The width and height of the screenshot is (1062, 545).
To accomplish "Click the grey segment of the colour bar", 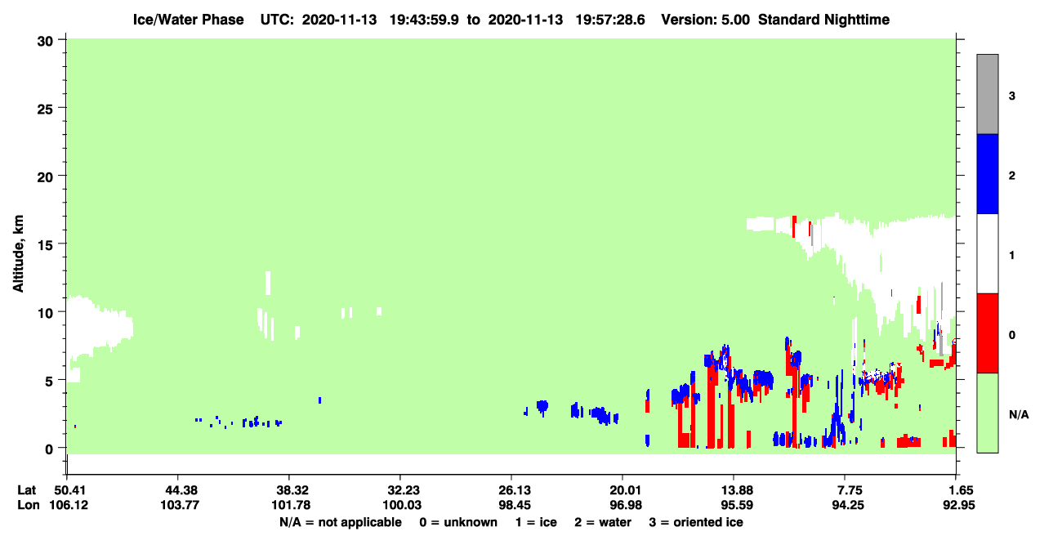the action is point(987,94).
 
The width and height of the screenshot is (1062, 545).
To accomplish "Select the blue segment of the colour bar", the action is point(987,173).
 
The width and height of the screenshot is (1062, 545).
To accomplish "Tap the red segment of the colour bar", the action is point(987,333).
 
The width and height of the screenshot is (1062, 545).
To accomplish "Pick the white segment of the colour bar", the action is point(987,253).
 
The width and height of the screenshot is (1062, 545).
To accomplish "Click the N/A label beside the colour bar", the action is point(1019,414).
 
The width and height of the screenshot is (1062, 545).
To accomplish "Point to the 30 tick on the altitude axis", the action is point(61,40).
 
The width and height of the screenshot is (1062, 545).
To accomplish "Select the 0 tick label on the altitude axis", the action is point(49,449).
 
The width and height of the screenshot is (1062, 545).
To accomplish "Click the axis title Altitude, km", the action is point(18,254).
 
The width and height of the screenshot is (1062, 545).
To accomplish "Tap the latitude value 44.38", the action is point(179,490).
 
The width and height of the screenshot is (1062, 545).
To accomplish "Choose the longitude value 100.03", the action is point(402,505).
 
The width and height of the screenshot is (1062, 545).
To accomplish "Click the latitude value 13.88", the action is point(737,490).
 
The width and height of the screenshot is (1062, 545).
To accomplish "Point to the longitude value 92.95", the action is point(958,505).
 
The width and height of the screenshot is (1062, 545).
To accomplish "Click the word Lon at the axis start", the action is point(29,505).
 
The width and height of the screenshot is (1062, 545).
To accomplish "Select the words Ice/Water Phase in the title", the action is point(188,20).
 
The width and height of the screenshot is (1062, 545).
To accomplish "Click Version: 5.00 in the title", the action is point(706,20).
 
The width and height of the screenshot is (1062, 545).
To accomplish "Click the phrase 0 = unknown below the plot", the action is point(458,522).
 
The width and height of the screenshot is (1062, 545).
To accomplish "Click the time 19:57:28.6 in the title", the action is point(610,20).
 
